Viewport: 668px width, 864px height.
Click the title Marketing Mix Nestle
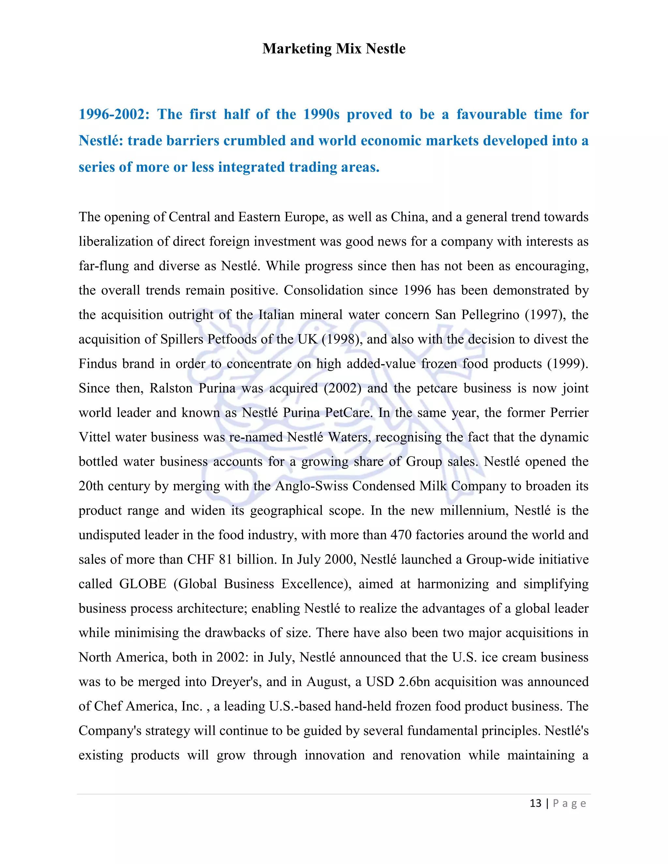tap(334, 49)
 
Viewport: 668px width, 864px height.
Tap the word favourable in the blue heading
tap(491, 114)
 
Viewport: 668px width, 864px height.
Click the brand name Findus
tap(97, 364)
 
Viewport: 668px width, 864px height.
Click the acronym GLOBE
tap(143, 584)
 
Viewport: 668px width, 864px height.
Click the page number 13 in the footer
tap(535, 803)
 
